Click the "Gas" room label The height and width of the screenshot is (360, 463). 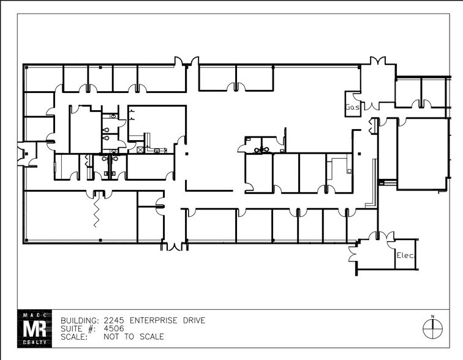352,107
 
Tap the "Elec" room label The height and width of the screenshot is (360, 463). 405,255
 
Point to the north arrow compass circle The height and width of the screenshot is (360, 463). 432,329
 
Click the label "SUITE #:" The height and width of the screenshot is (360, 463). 77,329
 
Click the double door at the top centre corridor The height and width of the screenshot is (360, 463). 187,62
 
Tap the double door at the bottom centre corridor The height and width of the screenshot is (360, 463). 175,246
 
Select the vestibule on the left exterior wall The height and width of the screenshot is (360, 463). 26,154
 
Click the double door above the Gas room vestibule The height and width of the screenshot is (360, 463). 377,61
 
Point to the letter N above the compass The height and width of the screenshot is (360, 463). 432,316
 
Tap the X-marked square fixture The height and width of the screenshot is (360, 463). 140,149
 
